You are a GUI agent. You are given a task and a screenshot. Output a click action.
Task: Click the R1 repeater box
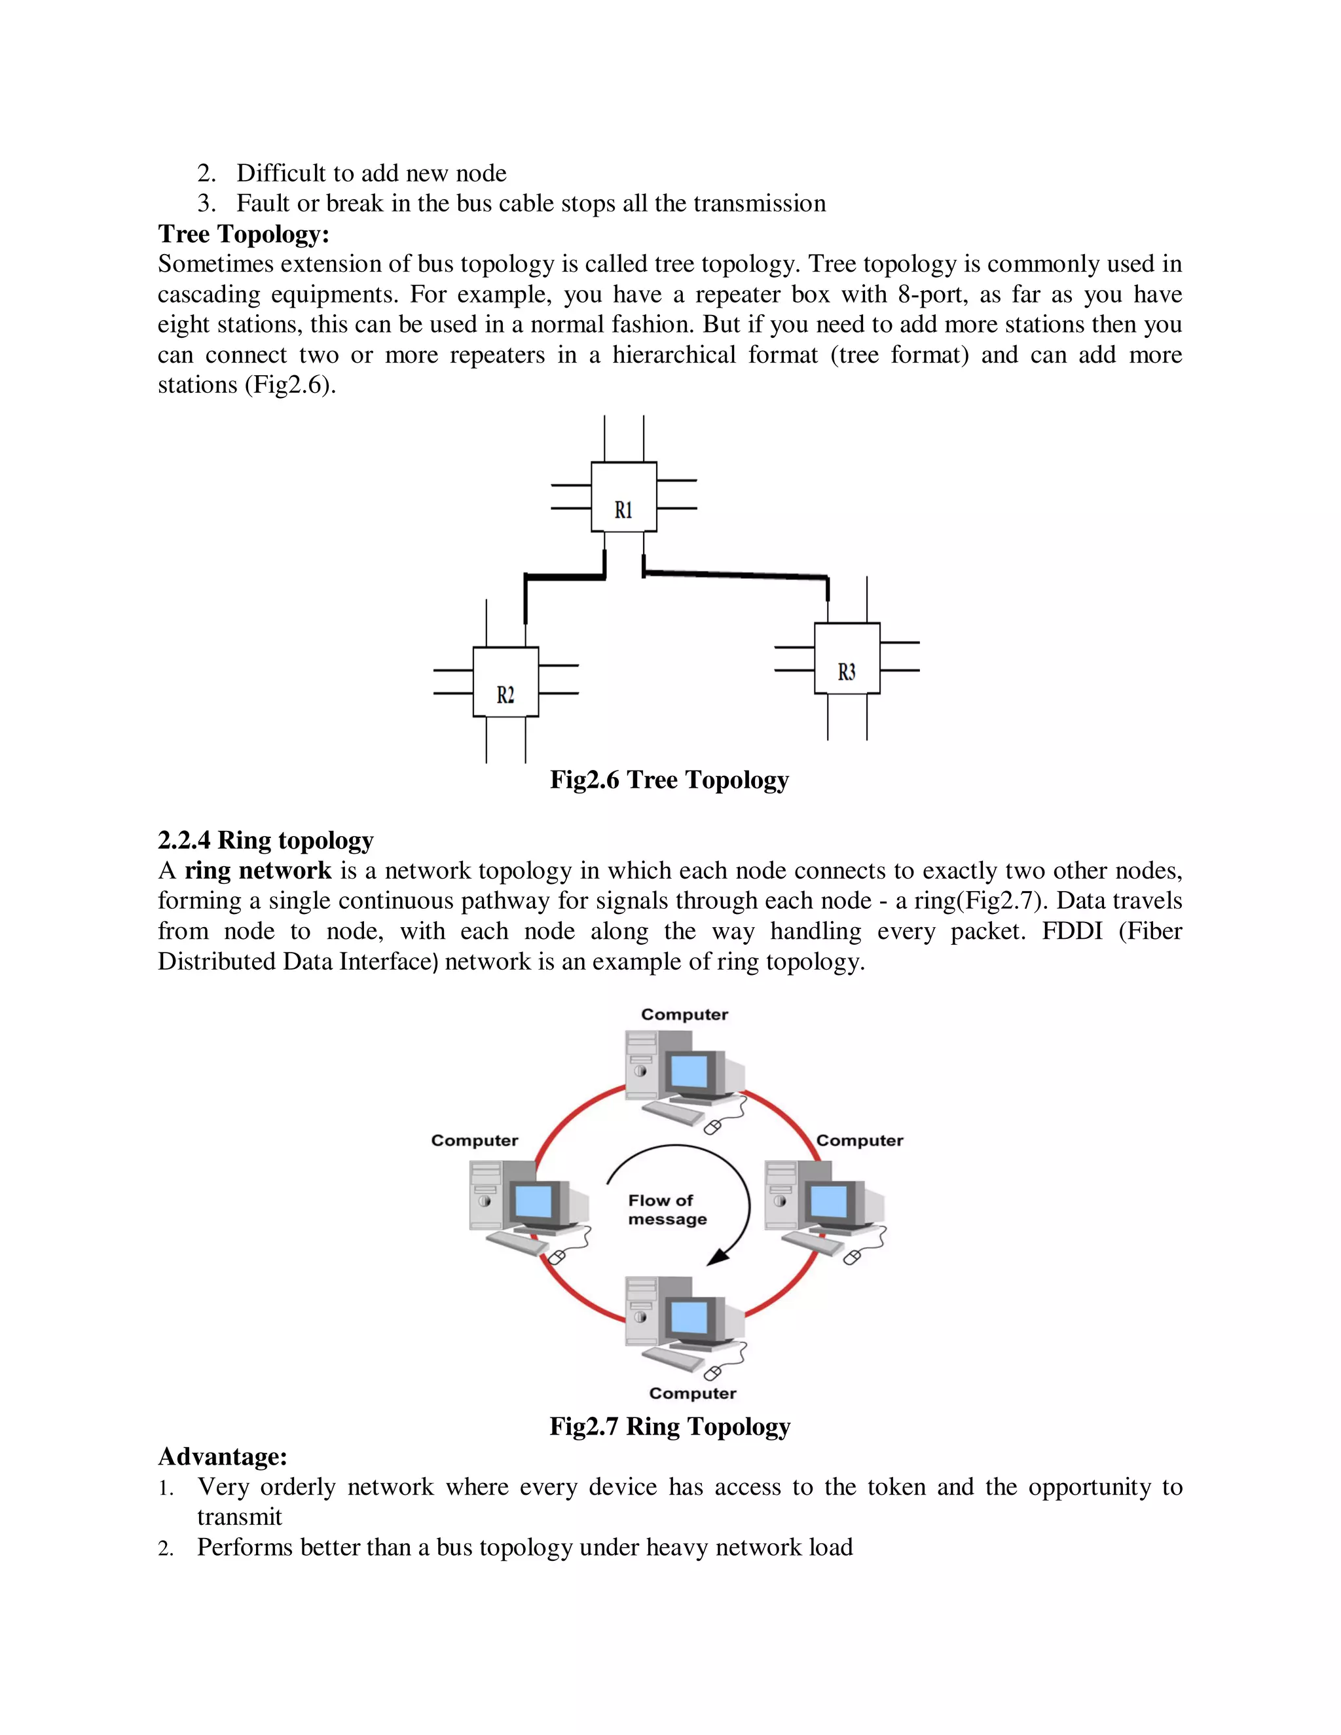623,498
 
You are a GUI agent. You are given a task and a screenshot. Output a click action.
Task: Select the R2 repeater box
505,682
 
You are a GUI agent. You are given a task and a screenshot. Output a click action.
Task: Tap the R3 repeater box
847,659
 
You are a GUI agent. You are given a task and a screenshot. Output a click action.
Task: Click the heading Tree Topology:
243,234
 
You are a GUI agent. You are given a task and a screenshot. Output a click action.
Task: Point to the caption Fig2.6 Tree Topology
669,780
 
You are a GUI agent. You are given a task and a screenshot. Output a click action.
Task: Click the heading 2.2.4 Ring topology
265,840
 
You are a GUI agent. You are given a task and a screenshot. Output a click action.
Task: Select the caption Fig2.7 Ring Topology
670,1426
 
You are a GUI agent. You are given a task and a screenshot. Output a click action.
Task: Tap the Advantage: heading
223,1456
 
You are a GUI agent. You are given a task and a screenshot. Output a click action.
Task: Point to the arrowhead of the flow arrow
719,1257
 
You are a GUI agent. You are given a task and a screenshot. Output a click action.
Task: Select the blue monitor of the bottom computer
689,1318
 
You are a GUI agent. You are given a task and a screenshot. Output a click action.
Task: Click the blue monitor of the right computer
828,1201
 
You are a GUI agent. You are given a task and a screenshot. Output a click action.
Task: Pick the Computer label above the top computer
684,1014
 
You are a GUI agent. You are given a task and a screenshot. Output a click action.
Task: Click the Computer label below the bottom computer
692,1393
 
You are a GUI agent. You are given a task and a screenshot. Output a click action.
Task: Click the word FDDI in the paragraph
1072,931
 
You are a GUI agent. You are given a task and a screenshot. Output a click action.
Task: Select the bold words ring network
257,871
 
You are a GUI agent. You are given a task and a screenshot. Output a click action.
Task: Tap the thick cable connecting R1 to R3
735,573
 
